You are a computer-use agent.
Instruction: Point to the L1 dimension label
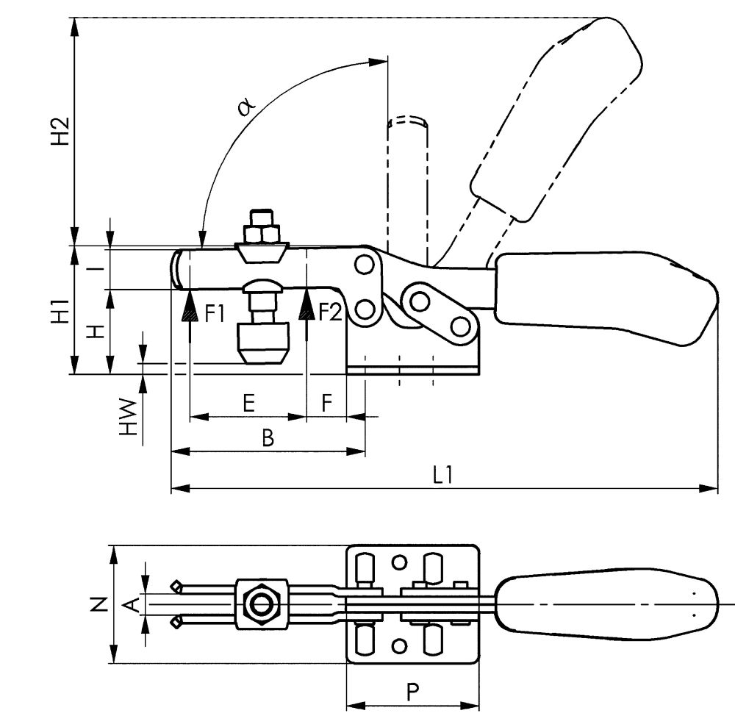tap(442, 476)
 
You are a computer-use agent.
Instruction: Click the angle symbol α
tap(246, 108)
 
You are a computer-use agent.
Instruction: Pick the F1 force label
tap(214, 314)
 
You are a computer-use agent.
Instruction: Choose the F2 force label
tap(330, 314)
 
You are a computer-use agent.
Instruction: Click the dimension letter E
tap(248, 403)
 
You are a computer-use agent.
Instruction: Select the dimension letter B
tap(268, 439)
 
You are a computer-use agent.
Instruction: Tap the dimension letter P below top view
tap(413, 692)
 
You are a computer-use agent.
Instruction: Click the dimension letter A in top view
tap(131, 604)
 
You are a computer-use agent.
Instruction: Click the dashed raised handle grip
tap(559, 118)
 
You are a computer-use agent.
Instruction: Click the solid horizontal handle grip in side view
tap(603, 298)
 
